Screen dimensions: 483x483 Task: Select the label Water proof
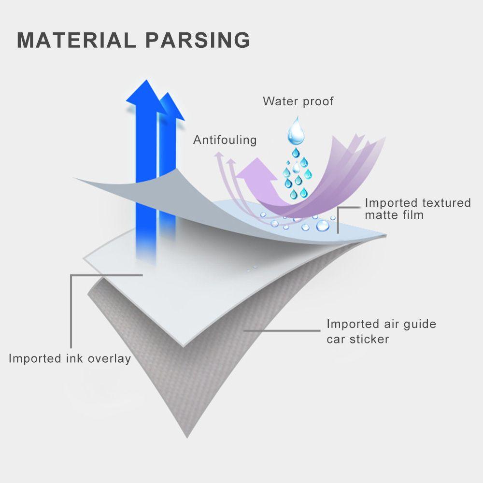click(x=298, y=101)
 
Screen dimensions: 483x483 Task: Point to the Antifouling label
click(x=225, y=140)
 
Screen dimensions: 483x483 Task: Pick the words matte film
click(x=394, y=215)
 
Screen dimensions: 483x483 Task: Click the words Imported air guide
click(x=381, y=324)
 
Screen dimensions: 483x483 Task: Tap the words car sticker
click(x=357, y=339)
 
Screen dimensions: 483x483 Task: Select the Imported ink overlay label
click(x=70, y=358)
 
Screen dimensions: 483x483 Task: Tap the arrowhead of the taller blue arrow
click(x=142, y=94)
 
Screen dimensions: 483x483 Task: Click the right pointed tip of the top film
click(x=385, y=236)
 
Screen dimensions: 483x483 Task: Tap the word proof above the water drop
click(x=317, y=101)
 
